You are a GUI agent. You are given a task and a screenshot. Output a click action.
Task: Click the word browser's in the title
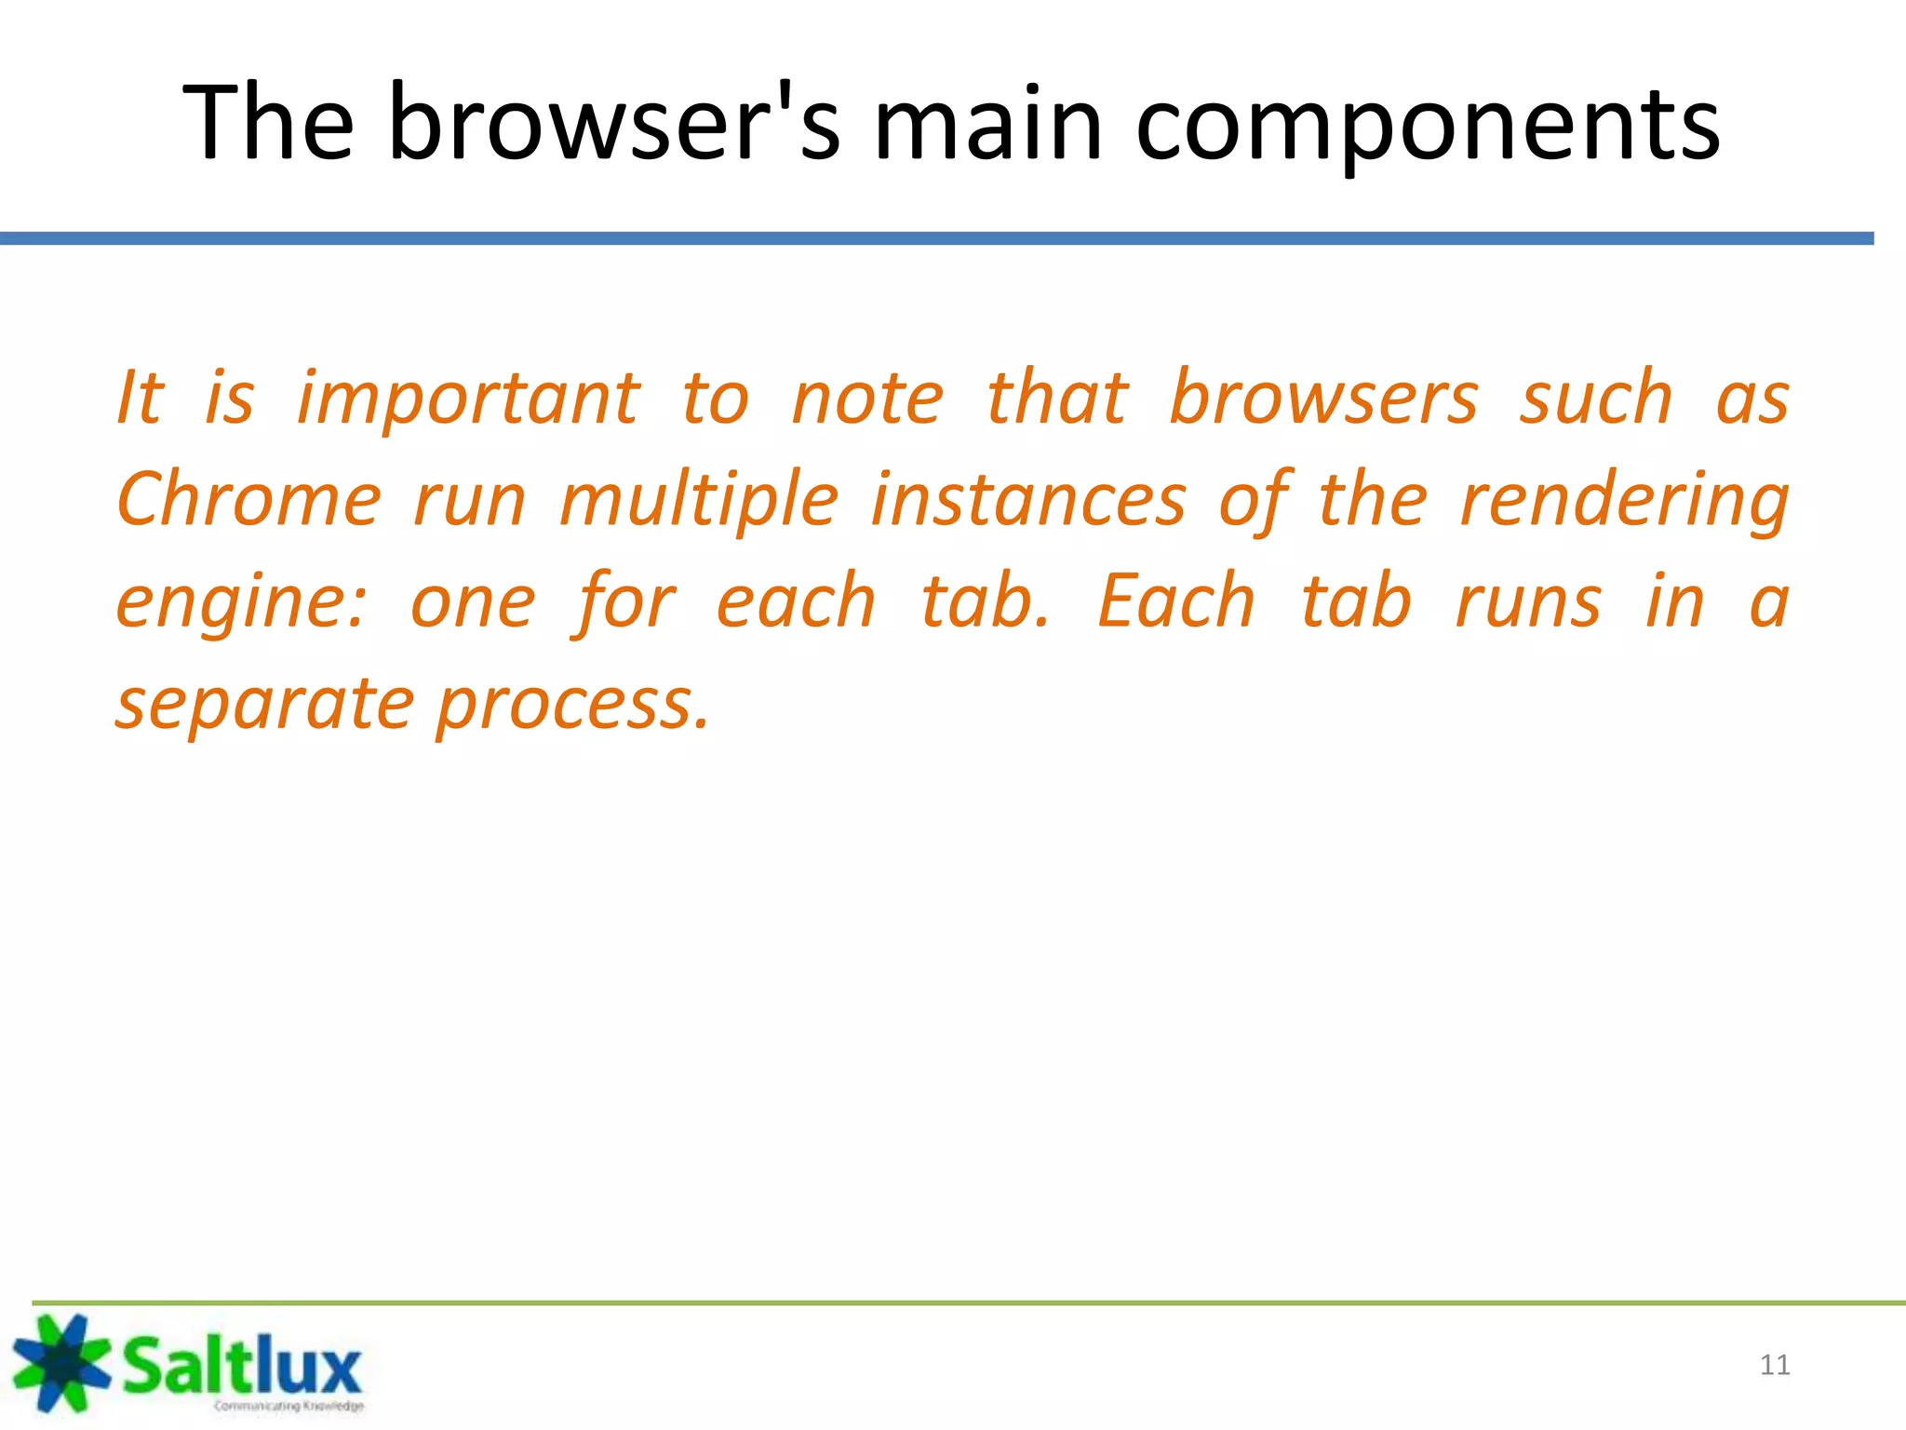(614, 123)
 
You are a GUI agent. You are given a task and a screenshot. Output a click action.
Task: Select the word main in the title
(988, 123)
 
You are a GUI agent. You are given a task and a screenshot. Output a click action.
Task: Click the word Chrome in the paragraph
(249, 500)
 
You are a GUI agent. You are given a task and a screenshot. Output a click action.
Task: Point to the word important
(469, 398)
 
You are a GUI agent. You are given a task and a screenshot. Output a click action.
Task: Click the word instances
(1028, 500)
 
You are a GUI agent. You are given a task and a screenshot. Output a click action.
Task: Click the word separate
(264, 705)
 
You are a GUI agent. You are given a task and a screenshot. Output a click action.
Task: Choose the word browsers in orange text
(1322, 398)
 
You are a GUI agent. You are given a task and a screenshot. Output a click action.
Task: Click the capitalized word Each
(1176, 601)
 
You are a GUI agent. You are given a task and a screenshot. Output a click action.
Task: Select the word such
(1596, 398)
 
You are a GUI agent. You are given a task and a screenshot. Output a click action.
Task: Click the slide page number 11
(1775, 1365)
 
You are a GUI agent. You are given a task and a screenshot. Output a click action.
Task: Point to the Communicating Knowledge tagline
(289, 1406)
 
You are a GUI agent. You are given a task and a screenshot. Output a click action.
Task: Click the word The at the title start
(268, 123)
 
